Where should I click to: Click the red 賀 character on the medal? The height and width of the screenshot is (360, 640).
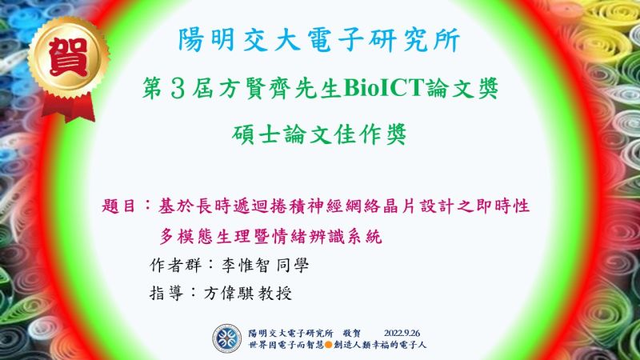pyautogui.click(x=68, y=57)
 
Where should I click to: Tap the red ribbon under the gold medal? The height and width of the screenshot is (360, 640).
pyautogui.click(x=68, y=106)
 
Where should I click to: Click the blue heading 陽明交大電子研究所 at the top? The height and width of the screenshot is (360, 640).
pyautogui.click(x=319, y=40)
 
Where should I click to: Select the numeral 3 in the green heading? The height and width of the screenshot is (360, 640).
pyautogui.click(x=178, y=89)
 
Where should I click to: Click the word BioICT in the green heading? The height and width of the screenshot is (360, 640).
pyautogui.click(x=384, y=88)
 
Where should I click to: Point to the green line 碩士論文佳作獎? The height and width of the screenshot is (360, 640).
pyautogui.click(x=319, y=134)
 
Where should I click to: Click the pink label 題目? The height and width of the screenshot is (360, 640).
pyautogui.click(x=118, y=206)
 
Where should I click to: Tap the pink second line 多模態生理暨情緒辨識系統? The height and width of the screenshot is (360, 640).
pyautogui.click(x=270, y=236)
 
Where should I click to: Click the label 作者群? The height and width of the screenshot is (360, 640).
pyautogui.click(x=175, y=266)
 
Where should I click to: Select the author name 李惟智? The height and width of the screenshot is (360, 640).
pyautogui.click(x=246, y=266)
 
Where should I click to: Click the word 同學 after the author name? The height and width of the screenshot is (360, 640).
pyautogui.click(x=293, y=266)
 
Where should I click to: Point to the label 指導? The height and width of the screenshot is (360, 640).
pyautogui.click(x=166, y=293)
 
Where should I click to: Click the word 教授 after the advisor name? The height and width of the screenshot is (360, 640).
pyautogui.click(x=275, y=293)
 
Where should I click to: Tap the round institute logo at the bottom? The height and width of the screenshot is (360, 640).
pyautogui.click(x=227, y=338)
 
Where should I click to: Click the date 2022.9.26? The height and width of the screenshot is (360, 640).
pyautogui.click(x=402, y=333)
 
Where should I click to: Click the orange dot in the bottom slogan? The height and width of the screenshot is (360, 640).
pyautogui.click(x=328, y=345)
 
